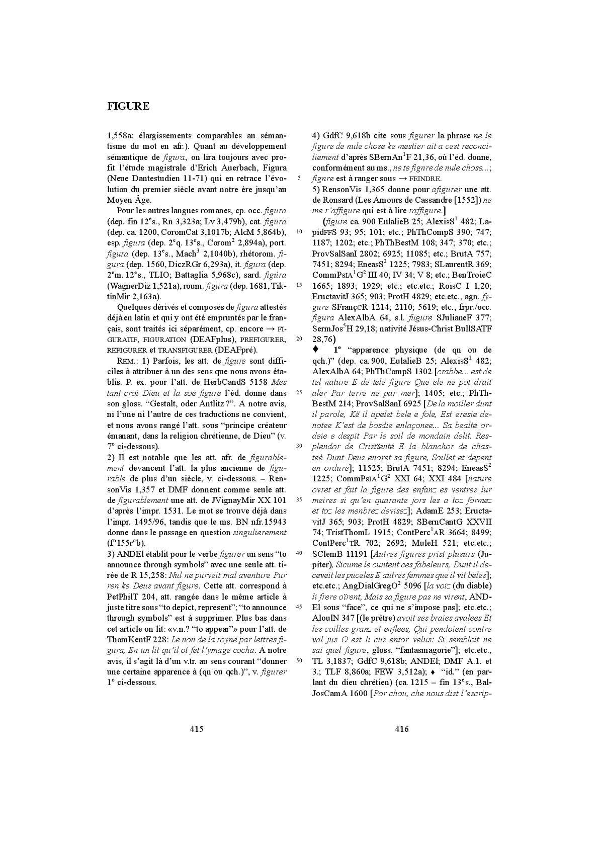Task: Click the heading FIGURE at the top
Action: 128,106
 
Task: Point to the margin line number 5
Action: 300,178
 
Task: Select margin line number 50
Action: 300,660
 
